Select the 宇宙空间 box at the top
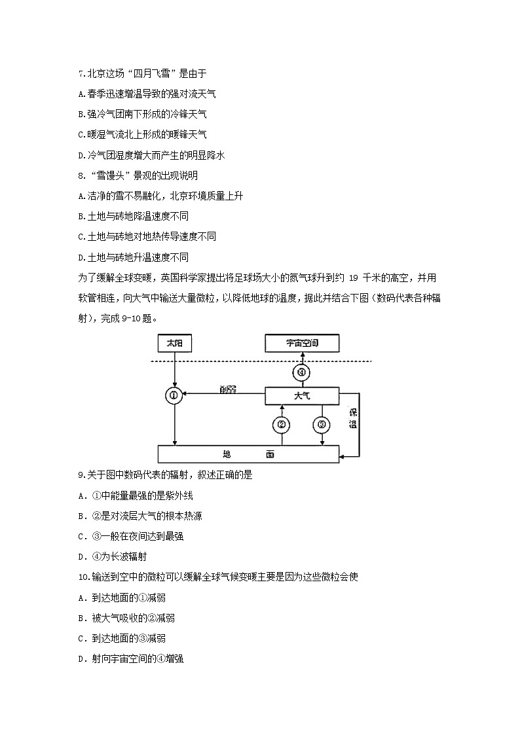[x=302, y=342]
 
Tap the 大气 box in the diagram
[x=302, y=395]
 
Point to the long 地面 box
[x=249, y=454]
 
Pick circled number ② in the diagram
[x=282, y=425]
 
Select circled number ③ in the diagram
[x=321, y=425]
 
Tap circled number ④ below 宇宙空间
[x=302, y=372]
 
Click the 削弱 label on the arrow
[x=229, y=389]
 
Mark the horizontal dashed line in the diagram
[x=262, y=361]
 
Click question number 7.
[x=81, y=74]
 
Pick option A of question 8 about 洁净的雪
[x=160, y=196]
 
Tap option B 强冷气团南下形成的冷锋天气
[x=142, y=114]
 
